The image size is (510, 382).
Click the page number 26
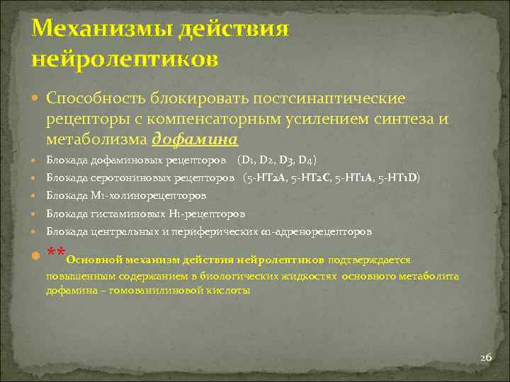pyautogui.click(x=486, y=357)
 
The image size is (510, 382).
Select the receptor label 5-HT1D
pyautogui.click(x=402, y=178)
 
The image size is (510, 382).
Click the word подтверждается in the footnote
pyautogui.click(x=370, y=260)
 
